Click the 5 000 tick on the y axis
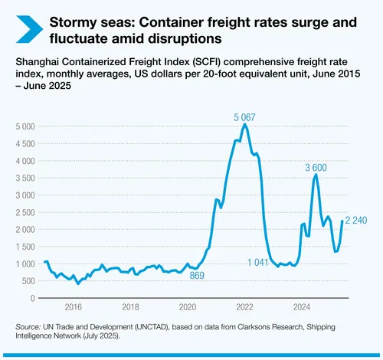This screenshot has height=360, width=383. [x=25, y=125]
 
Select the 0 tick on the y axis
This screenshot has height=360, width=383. [x=34, y=299]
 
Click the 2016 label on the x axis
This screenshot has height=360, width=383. [x=73, y=307]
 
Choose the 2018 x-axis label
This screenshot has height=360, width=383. [x=130, y=307]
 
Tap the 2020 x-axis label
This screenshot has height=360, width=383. [x=188, y=307]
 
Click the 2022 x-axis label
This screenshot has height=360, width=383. [x=244, y=307]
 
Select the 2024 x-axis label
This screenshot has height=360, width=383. [x=302, y=307]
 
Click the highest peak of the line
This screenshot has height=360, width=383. [x=244, y=124]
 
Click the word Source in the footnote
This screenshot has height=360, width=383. [x=28, y=327]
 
